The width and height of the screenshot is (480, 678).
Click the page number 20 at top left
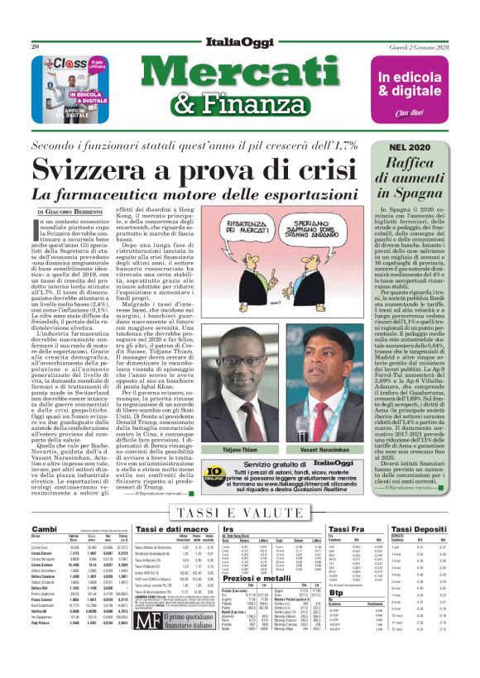coord(36,47)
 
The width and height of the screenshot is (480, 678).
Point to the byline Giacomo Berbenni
coord(83,212)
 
